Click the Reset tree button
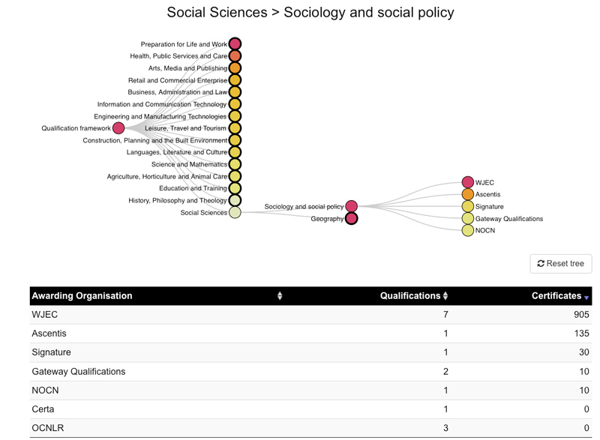560,263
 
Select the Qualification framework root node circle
118,128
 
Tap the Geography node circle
351,219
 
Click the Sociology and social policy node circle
351,206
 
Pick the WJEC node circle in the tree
467,182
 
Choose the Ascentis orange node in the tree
467,194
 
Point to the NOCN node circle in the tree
467,231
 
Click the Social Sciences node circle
235,213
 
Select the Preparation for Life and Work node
235,44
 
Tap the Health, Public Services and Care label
178,56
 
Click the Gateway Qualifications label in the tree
509,219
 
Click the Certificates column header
556,296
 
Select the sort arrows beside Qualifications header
445,296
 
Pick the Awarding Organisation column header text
82,296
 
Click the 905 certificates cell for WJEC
581,315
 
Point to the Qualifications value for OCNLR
445,428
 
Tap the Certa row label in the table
43,409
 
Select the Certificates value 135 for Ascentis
582,334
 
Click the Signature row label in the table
51,352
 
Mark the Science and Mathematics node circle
235,164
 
